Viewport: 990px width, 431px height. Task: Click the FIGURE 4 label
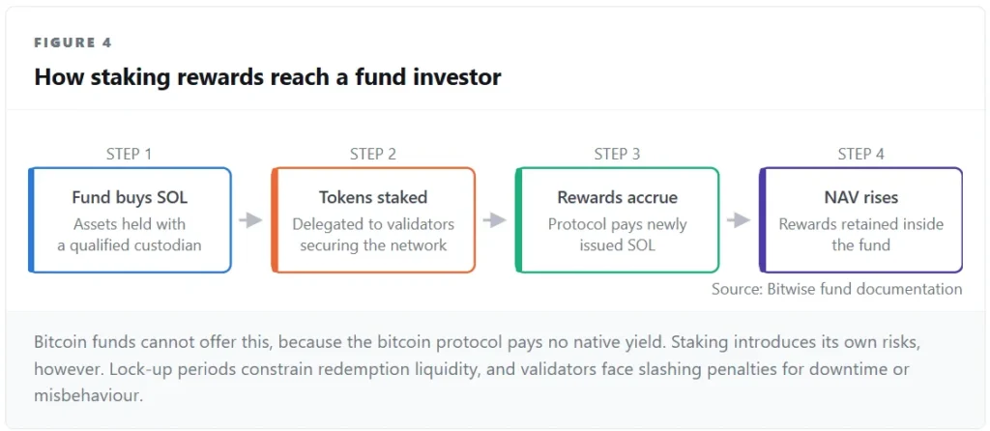point(73,43)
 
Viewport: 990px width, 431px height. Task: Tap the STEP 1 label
point(131,154)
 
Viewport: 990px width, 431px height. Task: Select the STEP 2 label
point(373,154)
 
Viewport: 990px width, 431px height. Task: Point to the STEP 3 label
point(617,154)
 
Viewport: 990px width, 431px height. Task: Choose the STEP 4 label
point(861,154)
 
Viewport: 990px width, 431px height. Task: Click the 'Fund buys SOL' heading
point(130,197)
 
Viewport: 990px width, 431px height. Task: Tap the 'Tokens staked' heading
point(373,197)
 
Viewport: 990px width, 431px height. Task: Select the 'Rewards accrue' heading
point(618,197)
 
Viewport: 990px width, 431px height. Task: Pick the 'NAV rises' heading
point(860,197)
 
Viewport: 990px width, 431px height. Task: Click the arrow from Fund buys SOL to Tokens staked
point(251,220)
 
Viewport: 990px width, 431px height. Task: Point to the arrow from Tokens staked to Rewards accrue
point(495,220)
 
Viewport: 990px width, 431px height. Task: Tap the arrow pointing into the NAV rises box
point(739,220)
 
